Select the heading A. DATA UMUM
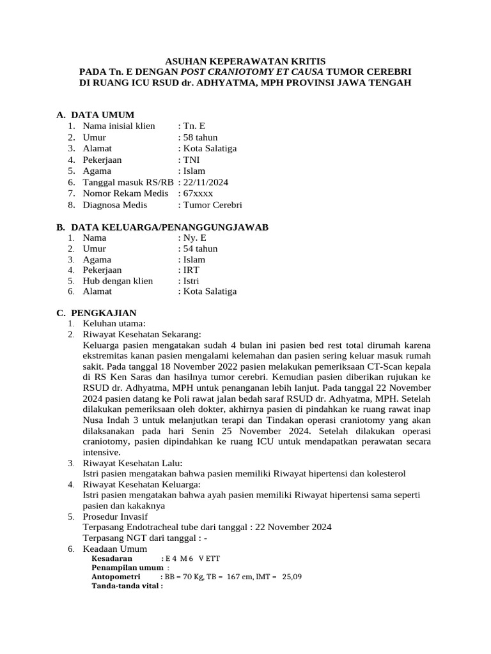(95, 115)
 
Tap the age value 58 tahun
(201, 137)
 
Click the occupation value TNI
(191, 160)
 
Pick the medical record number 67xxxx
(198, 194)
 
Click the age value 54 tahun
(200, 248)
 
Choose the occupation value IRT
(191, 270)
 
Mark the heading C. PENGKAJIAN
(97, 313)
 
